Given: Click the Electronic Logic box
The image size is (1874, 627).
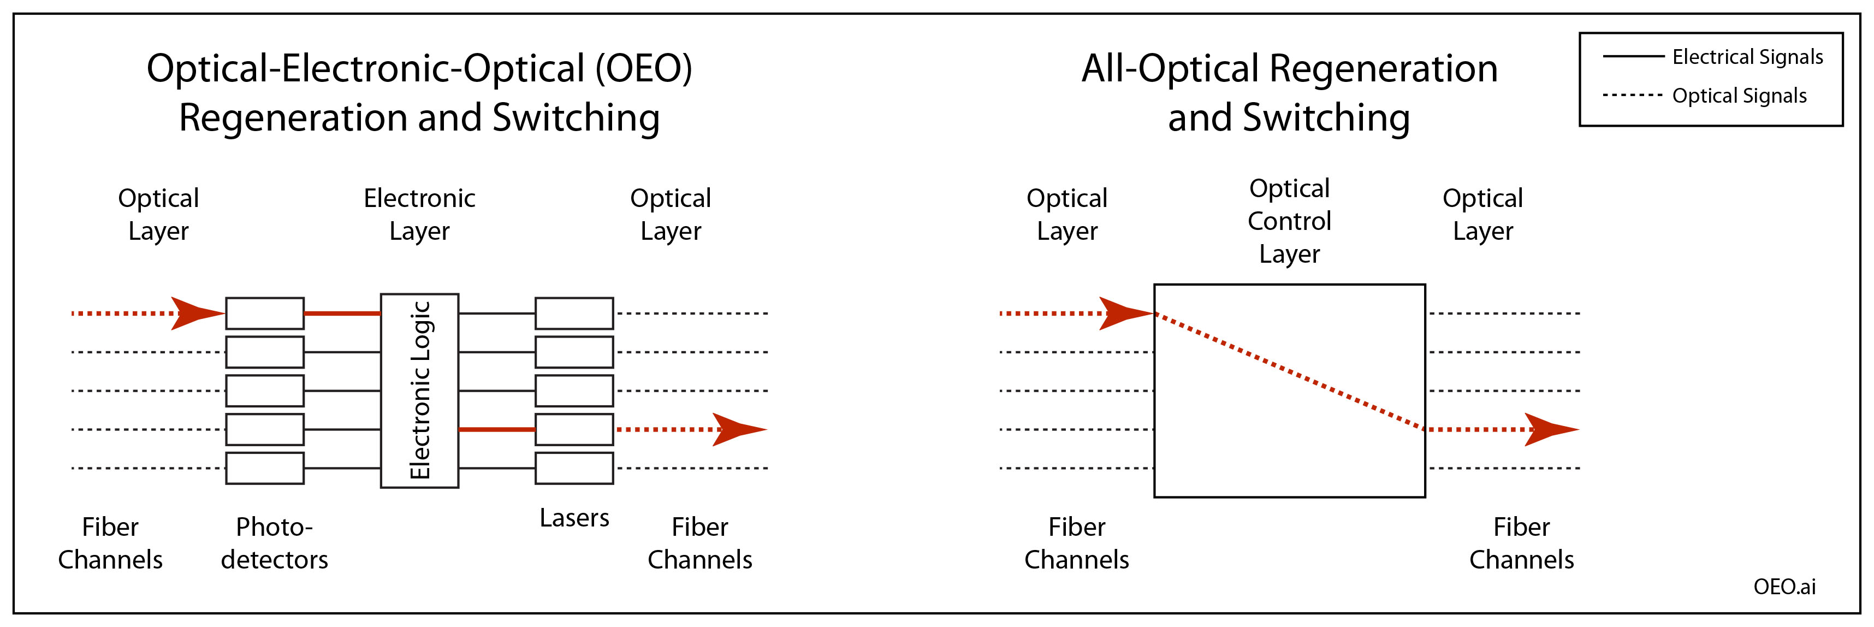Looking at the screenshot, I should (x=420, y=391).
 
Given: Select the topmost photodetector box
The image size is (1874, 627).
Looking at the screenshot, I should (x=264, y=313).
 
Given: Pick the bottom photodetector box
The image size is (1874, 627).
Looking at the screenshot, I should (x=264, y=469).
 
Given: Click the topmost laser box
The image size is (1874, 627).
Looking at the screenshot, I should (x=574, y=313).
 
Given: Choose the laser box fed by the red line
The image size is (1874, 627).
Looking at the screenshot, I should (x=574, y=430).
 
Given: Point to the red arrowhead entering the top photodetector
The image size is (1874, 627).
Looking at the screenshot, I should (x=195, y=313).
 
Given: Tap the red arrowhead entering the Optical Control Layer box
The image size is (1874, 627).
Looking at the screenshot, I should (x=1123, y=313).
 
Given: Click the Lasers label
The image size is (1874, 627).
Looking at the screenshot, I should (x=574, y=518).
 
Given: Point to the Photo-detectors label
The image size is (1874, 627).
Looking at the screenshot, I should (x=274, y=543).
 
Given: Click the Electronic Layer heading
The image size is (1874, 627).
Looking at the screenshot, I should (x=420, y=215).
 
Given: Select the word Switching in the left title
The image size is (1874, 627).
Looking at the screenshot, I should (x=576, y=118).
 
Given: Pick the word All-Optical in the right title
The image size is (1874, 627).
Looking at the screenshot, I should (x=1169, y=69).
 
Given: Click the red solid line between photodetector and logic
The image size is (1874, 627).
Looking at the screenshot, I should (x=342, y=313).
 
